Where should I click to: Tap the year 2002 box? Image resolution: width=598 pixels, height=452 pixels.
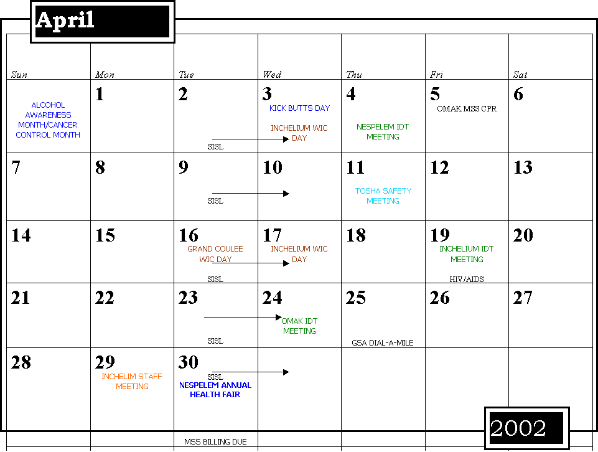click(526, 428)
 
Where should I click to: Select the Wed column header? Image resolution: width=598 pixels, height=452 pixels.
click(272, 74)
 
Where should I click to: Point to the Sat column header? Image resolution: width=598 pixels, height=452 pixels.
click(520, 74)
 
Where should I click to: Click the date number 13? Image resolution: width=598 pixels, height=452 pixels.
click(523, 167)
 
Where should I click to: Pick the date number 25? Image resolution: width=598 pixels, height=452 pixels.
click(355, 298)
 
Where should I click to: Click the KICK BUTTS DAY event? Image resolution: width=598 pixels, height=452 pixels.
click(300, 108)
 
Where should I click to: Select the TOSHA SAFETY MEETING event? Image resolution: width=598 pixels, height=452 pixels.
click(383, 195)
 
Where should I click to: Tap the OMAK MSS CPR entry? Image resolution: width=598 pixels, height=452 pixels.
click(467, 109)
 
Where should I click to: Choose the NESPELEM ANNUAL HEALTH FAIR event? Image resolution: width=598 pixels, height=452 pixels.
click(215, 390)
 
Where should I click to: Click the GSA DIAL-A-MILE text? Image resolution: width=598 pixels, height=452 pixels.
click(383, 343)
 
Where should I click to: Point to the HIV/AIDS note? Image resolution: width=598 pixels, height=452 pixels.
click(467, 279)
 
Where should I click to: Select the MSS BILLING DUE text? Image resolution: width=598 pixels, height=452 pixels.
click(215, 441)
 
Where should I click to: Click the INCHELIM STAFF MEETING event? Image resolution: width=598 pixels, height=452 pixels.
click(132, 382)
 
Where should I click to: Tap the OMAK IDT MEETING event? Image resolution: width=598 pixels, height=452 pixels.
click(299, 326)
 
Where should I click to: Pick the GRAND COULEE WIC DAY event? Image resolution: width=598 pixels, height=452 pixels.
click(215, 254)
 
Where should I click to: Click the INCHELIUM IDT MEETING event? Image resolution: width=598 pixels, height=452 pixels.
click(467, 254)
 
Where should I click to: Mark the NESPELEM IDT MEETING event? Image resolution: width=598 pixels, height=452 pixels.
click(383, 131)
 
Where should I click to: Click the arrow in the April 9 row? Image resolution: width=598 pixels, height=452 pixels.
click(251, 194)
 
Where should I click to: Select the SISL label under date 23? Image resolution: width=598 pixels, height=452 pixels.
click(215, 341)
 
